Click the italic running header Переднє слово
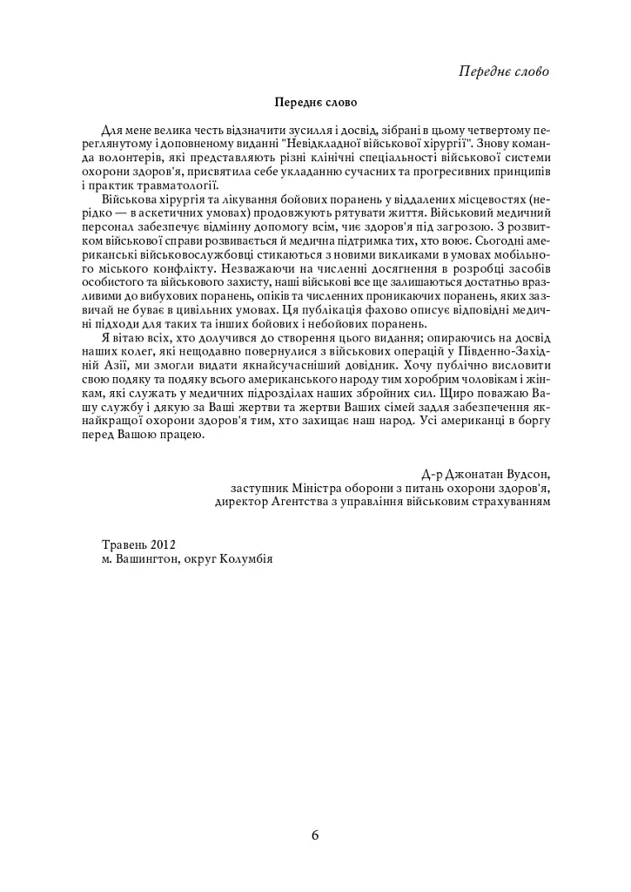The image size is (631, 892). pyautogui.click(x=504, y=71)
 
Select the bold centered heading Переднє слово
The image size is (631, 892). pyautogui.click(x=315, y=104)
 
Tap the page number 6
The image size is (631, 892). pyautogui.click(x=315, y=835)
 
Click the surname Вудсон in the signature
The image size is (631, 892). pyautogui.click(x=527, y=474)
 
